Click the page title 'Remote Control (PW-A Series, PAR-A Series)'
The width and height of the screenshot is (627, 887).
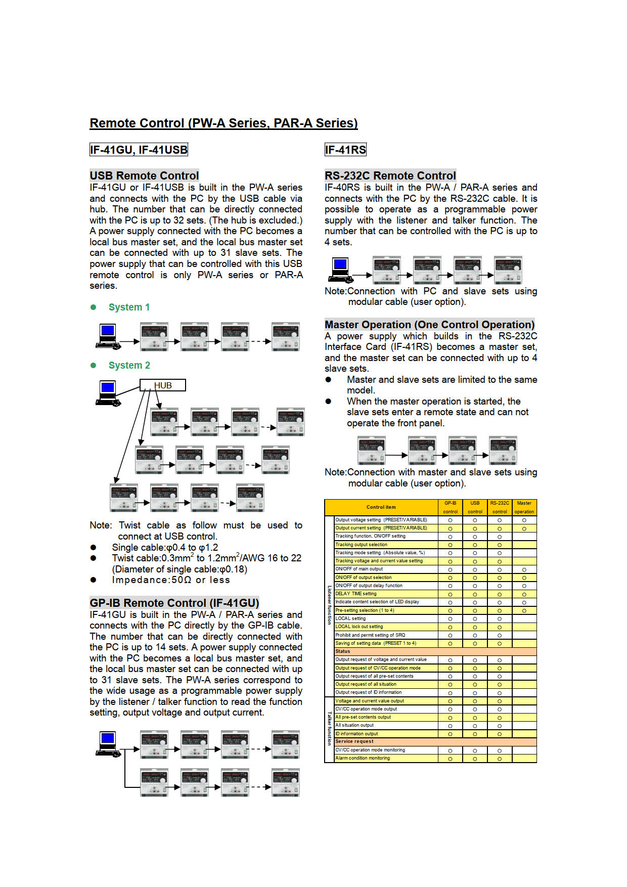point(223,123)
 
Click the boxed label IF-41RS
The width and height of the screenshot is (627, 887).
point(345,150)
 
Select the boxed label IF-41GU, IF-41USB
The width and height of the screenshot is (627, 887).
point(139,150)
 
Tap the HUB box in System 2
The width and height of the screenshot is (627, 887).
point(162,385)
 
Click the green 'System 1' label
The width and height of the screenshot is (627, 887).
point(129,307)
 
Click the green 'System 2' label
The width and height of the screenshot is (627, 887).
point(129,366)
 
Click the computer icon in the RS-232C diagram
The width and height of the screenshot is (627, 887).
point(340,270)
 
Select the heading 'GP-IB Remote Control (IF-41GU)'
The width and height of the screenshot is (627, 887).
point(174,603)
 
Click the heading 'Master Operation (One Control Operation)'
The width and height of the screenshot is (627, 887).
point(429,325)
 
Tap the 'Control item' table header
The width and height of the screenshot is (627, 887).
point(381,507)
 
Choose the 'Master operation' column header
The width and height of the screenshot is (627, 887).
point(524,507)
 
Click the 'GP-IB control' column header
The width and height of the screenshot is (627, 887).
point(450,507)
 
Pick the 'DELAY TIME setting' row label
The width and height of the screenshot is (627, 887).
point(356,594)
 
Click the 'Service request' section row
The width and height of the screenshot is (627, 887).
point(354,741)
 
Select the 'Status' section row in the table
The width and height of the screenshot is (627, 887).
point(343,651)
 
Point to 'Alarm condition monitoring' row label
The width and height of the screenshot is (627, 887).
point(363,758)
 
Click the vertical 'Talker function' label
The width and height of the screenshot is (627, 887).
point(329,729)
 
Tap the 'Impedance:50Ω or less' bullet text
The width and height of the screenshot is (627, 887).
point(171,580)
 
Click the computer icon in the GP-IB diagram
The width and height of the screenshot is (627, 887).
point(108,744)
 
